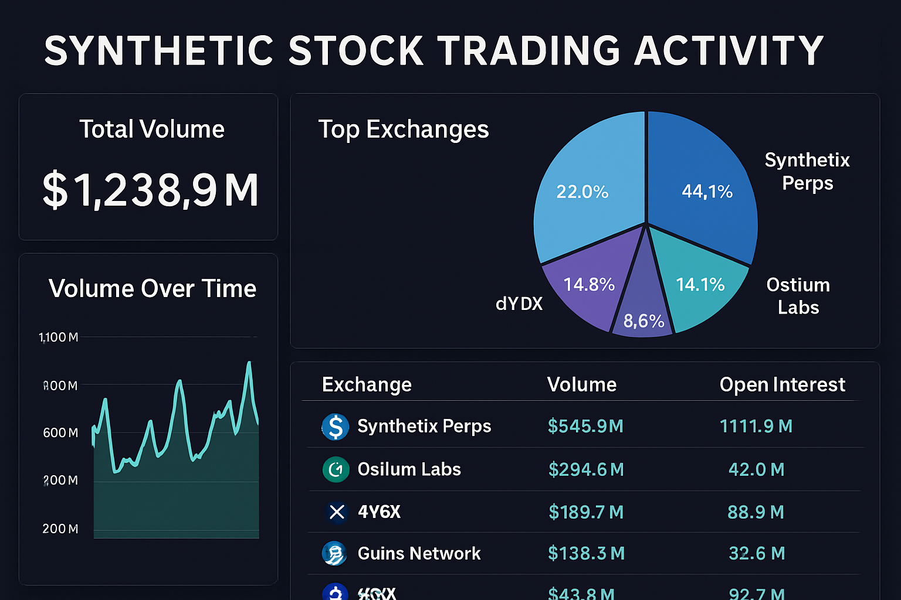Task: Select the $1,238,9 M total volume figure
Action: coord(151,190)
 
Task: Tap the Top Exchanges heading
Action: coord(403,129)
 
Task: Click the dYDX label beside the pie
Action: coord(519,304)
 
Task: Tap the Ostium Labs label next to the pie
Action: coord(798,296)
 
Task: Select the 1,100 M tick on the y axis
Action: coord(58,337)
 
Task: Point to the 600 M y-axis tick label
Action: coord(60,433)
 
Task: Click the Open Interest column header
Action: coord(782,384)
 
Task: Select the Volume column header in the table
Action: coord(581,384)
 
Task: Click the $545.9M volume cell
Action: coord(585,426)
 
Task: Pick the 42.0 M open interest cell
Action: coord(756,469)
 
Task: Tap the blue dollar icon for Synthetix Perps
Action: coord(336,427)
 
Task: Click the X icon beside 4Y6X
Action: coord(337,512)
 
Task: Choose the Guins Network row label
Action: coord(419,553)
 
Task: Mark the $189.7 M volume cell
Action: coord(586,512)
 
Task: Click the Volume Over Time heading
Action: coord(152,289)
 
